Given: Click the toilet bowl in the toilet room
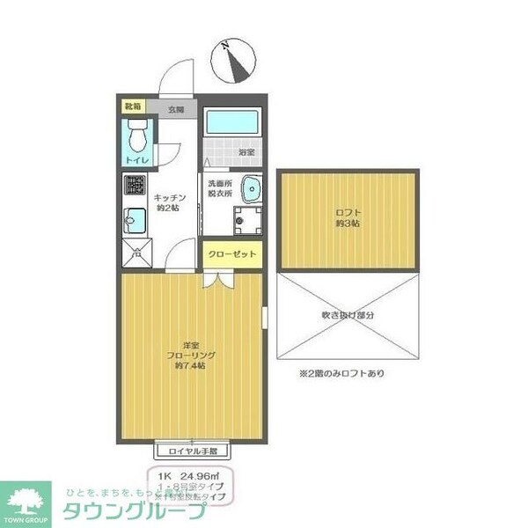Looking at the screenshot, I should (x=136, y=137).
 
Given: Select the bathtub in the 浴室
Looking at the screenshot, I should (x=232, y=122).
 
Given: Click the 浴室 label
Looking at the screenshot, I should (x=246, y=151).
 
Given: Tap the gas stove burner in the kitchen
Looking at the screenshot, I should (x=135, y=187).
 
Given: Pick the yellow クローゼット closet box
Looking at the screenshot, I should (x=232, y=254).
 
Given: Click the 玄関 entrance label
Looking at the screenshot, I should (x=177, y=110).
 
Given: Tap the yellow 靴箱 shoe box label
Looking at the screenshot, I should (x=132, y=106).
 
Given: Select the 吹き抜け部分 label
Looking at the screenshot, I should (x=348, y=315).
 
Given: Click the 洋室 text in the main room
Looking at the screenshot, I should (x=189, y=344).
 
